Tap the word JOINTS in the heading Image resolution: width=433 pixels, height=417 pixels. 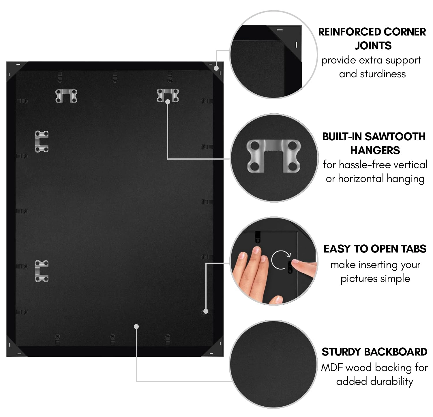(x=373, y=46)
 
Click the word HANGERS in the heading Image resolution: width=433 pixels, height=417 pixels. (x=375, y=150)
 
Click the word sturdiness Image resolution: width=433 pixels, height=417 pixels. (x=372, y=74)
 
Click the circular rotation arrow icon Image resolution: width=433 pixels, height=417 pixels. (x=280, y=260)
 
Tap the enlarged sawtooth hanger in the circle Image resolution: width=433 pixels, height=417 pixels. (x=274, y=156)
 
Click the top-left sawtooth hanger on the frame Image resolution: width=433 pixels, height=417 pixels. (x=66, y=96)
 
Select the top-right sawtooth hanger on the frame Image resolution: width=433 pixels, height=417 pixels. (x=168, y=95)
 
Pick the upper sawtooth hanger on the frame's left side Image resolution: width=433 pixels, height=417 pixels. (x=42, y=141)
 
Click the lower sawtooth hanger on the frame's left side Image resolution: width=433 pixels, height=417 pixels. (x=42, y=271)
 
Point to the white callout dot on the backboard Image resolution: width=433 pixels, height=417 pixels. (x=136, y=326)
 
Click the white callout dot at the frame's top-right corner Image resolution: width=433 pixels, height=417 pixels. (x=216, y=68)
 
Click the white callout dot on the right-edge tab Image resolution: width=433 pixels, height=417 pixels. (x=206, y=311)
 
